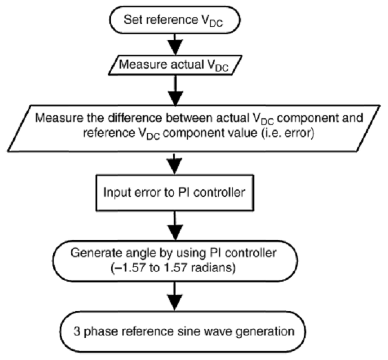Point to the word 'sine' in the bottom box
pos(187,329)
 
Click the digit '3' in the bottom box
pos(85,329)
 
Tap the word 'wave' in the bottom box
pos(214,329)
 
